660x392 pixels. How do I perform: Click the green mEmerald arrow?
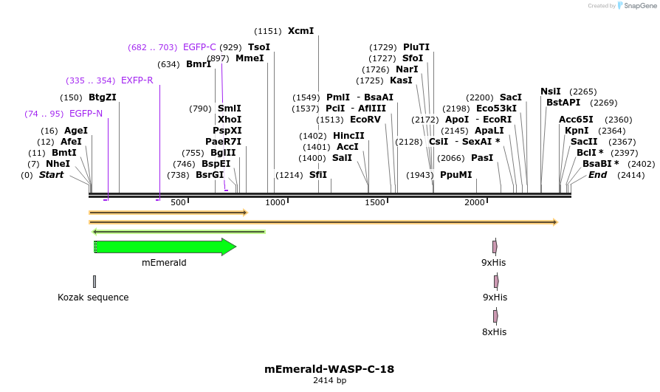tap(165, 247)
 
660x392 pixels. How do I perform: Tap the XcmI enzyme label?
tap(300, 31)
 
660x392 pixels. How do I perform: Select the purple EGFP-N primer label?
tap(86, 114)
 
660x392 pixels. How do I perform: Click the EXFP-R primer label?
tap(137, 80)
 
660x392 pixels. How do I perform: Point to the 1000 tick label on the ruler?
tap(275, 202)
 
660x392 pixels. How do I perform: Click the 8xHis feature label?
tap(494, 331)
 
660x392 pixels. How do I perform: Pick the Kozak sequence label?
tap(93, 298)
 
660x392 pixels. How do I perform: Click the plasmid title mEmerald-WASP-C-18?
tap(329, 369)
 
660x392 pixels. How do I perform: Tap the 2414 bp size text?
tap(329, 380)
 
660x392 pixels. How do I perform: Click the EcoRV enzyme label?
tap(365, 120)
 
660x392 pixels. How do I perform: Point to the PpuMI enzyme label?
tap(456, 175)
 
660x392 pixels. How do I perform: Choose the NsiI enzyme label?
tap(551, 92)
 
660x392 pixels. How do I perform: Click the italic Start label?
tap(51, 175)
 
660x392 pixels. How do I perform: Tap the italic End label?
tap(598, 175)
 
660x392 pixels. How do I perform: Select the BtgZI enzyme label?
tap(103, 97)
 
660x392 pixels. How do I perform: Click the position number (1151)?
tap(268, 31)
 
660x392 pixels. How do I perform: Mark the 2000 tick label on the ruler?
tap(475, 202)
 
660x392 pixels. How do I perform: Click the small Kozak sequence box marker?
tap(94, 281)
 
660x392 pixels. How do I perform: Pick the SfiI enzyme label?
tap(317, 175)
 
